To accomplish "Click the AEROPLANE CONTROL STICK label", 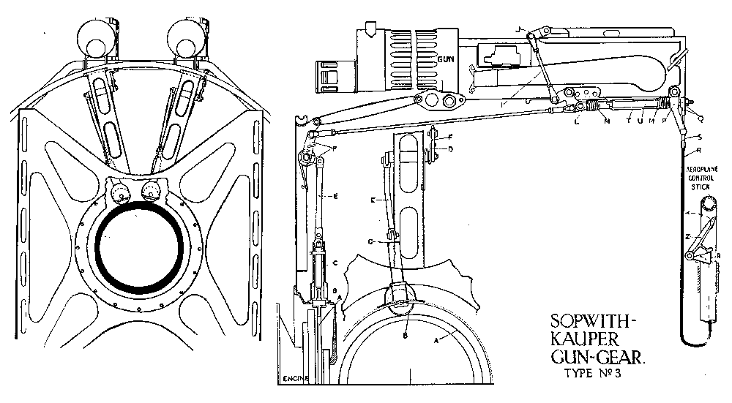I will coord(703,178).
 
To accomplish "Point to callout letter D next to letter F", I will coord(450,149).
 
